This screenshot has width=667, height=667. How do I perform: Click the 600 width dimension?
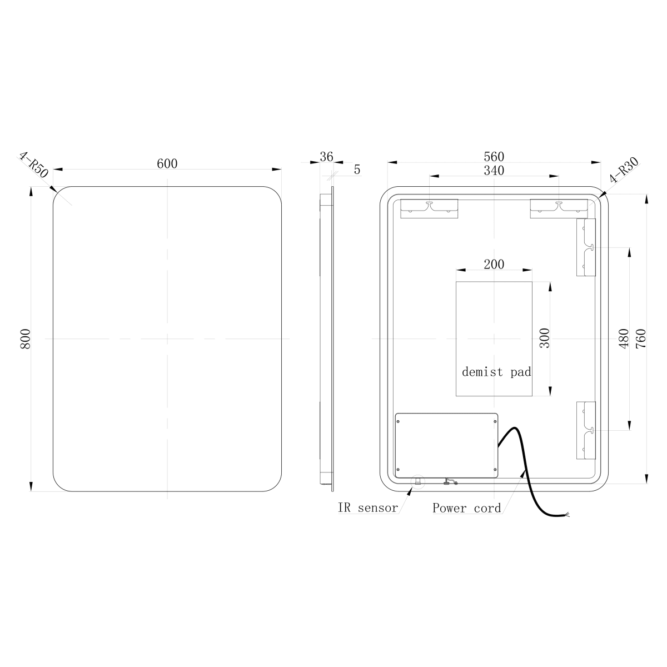pos(167,164)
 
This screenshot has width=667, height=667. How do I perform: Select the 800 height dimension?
pos(26,339)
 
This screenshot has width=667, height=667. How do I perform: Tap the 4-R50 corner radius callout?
pos(33,165)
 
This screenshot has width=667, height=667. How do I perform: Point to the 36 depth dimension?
pos(326,157)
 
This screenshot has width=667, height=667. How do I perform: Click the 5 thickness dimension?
pos(357,170)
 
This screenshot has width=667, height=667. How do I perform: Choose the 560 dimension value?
pos(494,157)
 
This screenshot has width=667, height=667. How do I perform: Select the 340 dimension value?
pos(494,171)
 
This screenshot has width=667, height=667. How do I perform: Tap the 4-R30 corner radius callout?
pos(624,170)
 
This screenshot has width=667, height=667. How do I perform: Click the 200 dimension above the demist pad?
pos(494,265)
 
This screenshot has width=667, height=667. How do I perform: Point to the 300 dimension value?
pos(545,338)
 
